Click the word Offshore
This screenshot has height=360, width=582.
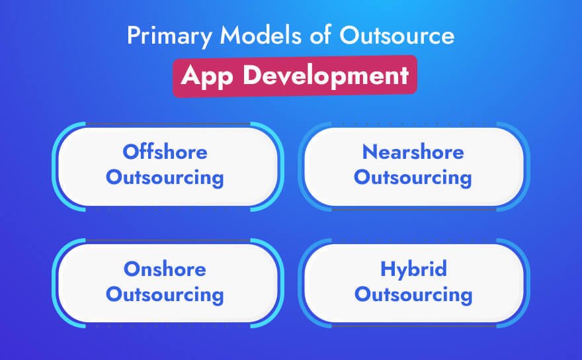pyautogui.click(x=165, y=152)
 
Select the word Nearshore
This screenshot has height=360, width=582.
pyautogui.click(x=413, y=152)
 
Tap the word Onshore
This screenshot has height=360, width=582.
pyautogui.click(x=165, y=269)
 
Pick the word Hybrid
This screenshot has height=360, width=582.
pyautogui.click(x=413, y=269)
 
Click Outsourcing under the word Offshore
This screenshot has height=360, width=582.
pyautogui.click(x=165, y=177)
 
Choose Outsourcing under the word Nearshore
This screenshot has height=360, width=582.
pyautogui.click(x=413, y=177)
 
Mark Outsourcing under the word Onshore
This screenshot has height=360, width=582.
pyautogui.click(x=165, y=294)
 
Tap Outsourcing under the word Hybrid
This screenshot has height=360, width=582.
pyautogui.click(x=413, y=294)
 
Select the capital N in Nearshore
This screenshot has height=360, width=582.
pyautogui.click(x=369, y=152)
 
